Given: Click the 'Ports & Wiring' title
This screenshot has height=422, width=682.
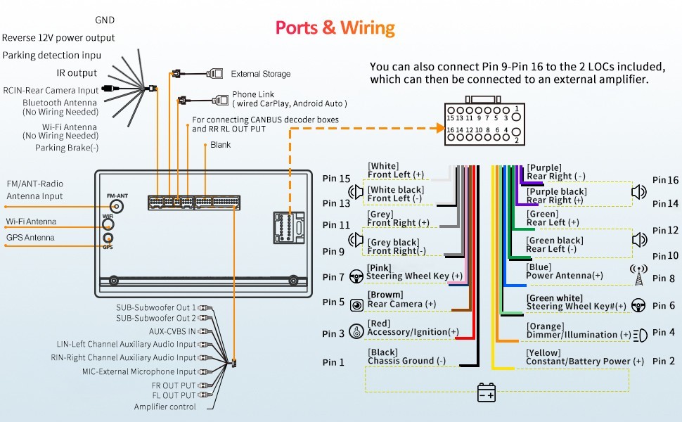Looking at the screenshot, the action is coord(335,28).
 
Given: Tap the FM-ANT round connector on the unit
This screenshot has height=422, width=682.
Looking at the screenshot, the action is coord(116,206).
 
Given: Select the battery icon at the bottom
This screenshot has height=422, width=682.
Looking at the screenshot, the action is coord(486,392).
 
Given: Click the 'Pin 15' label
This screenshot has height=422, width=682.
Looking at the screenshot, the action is coord(336,179).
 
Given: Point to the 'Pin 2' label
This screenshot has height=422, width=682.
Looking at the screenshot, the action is coord(664,361).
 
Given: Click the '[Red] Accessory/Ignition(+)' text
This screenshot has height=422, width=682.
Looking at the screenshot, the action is coord(413,328).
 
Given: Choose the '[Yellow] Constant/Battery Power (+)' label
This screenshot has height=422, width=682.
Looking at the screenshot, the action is coord(585,357).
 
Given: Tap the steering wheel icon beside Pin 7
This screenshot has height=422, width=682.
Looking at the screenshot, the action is coord(356,276).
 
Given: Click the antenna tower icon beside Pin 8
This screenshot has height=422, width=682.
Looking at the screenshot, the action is coord(638,275).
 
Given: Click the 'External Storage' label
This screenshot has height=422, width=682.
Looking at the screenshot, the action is coord(261,74).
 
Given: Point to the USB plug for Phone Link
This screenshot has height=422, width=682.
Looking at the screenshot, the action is coord(221,101).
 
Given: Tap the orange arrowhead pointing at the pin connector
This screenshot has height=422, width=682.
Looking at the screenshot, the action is coord(441,128).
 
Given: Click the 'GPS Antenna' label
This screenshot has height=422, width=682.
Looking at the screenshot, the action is coord(30,238).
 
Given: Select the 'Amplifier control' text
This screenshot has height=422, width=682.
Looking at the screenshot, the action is coord(165,407).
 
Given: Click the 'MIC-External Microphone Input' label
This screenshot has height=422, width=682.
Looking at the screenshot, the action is coord(139,371).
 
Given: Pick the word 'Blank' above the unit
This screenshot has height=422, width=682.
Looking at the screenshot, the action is coord(221,145).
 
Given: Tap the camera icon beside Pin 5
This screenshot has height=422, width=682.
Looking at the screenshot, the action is coord(356,305).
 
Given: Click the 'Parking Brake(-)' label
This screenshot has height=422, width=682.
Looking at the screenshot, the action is coord(67,148).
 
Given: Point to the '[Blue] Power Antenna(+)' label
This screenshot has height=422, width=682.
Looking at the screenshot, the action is coord(565,271).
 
